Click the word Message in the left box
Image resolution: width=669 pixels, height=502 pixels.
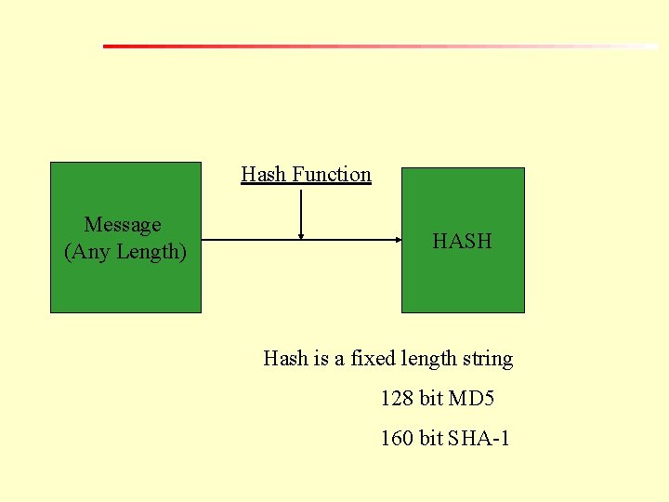[x=123, y=225]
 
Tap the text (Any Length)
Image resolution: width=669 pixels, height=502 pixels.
[x=125, y=252]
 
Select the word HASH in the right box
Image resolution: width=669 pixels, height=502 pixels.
[x=462, y=242]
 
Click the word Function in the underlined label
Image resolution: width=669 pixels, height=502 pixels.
[x=332, y=175]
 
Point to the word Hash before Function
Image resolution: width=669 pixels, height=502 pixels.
[x=264, y=175]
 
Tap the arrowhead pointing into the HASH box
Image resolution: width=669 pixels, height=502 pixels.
[x=395, y=240]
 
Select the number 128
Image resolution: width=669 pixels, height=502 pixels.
[x=397, y=399]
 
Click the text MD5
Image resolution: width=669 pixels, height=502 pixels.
[x=471, y=399]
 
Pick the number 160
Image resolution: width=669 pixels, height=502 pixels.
[x=397, y=438]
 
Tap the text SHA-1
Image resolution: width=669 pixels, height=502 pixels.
[x=479, y=438]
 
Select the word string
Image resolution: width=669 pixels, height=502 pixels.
[x=488, y=359]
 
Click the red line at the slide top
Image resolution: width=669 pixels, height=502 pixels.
[x=279, y=46]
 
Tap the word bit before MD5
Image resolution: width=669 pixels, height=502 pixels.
[x=431, y=399]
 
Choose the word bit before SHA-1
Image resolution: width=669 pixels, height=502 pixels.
[x=431, y=438]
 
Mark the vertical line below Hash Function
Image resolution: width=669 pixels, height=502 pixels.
[x=301, y=209]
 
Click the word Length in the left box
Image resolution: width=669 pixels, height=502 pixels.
[x=149, y=252]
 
